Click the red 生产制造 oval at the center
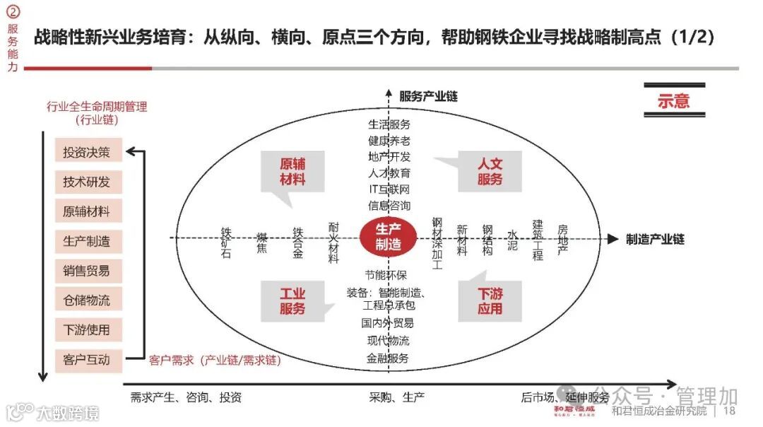(x=388, y=237)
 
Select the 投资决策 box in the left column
(x=88, y=152)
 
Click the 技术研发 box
(x=88, y=182)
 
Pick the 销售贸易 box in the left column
(x=88, y=271)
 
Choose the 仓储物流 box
(x=88, y=300)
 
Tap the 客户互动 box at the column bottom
(x=88, y=360)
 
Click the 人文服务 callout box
(x=490, y=171)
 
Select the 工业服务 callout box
(x=292, y=300)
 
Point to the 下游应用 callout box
(x=490, y=300)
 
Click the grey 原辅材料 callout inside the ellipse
(x=292, y=171)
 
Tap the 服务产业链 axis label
(x=428, y=96)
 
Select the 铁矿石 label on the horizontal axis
(x=226, y=242)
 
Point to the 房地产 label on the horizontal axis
(x=562, y=240)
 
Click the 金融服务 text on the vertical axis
(x=388, y=358)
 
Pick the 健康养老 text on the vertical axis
(x=389, y=141)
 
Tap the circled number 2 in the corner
(x=13, y=12)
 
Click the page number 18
(x=730, y=411)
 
